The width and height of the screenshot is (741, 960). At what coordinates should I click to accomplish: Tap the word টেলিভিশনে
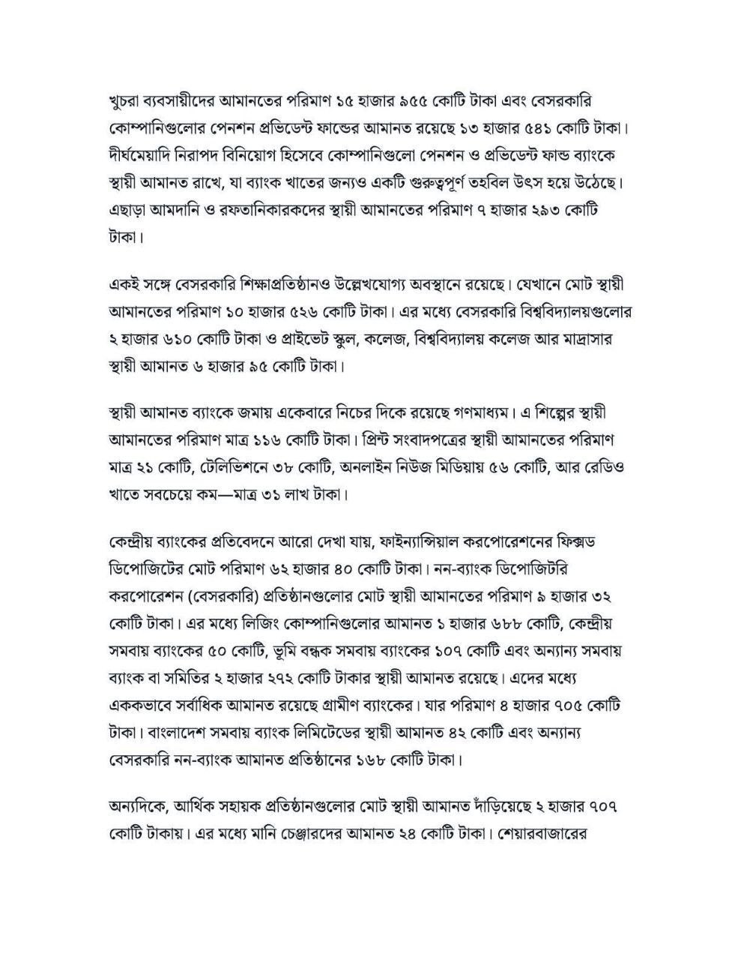(x=237, y=468)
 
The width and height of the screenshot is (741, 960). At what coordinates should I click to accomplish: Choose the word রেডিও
(x=602, y=468)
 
